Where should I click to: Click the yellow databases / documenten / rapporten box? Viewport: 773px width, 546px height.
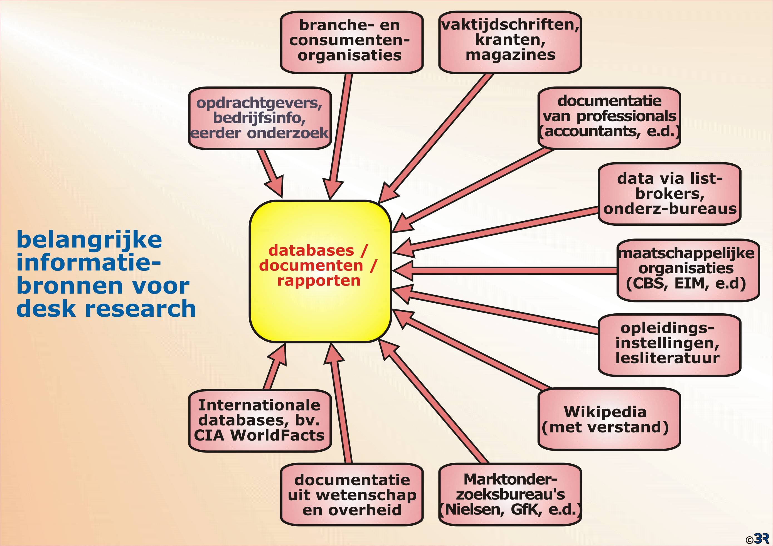[x=320, y=271]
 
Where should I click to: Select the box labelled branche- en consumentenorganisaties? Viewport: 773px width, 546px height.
[x=351, y=42]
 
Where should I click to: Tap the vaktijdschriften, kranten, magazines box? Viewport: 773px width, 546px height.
[x=510, y=42]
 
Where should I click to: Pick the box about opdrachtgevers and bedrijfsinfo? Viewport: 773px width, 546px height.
[x=260, y=118]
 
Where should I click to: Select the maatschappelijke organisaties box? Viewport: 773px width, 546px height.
[x=688, y=270]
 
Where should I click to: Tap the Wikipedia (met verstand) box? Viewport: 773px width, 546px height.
[x=609, y=419]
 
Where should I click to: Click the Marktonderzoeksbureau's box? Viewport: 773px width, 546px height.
[x=510, y=495]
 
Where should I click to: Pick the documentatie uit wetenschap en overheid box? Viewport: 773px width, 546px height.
[x=351, y=495]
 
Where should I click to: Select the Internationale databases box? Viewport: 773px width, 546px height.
[x=260, y=421]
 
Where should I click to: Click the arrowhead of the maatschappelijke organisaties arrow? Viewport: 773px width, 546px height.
[x=402, y=270]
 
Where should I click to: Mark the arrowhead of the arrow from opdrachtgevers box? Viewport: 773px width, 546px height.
[x=275, y=187]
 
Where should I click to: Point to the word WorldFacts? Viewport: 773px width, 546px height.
[x=277, y=435]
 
